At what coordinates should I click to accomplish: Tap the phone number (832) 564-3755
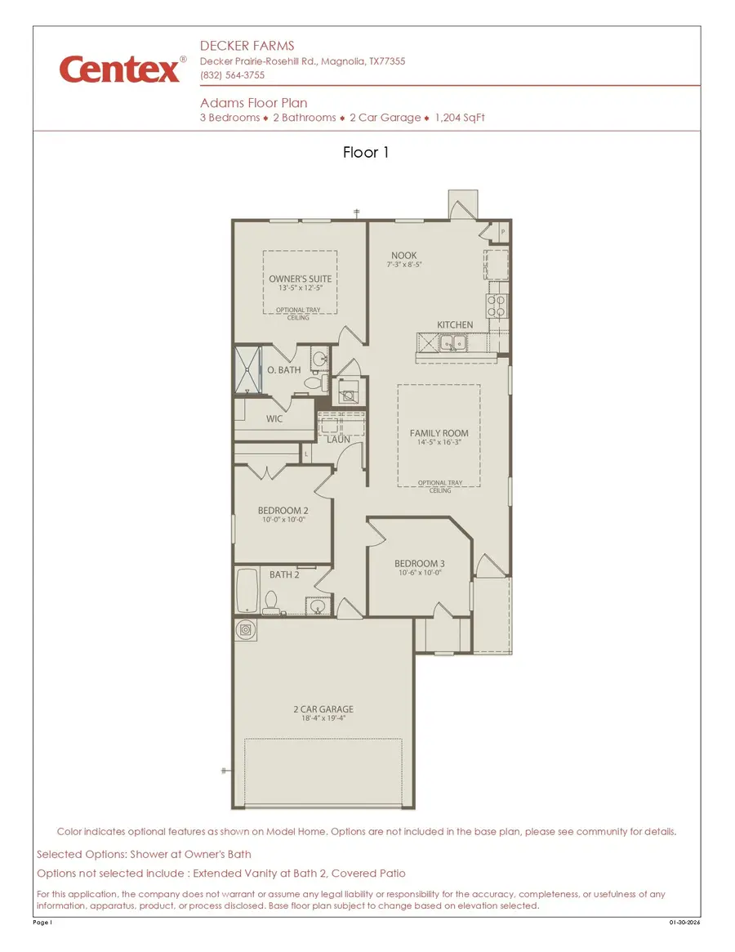click(x=232, y=75)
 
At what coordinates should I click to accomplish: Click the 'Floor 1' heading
click(x=366, y=152)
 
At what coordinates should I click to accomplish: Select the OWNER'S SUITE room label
click(x=301, y=279)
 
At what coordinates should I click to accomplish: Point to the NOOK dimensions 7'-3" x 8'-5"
click(x=403, y=265)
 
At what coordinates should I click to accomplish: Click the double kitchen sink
click(x=454, y=343)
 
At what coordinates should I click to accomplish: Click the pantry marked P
click(x=501, y=233)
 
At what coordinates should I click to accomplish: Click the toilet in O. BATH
click(x=324, y=382)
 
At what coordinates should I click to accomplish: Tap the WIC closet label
click(x=274, y=418)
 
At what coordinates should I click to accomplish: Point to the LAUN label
click(x=338, y=440)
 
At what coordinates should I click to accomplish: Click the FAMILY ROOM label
click(x=439, y=433)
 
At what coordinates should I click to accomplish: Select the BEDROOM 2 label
click(x=283, y=511)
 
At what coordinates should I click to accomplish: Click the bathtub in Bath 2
click(x=247, y=591)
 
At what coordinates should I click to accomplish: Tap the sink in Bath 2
click(x=315, y=606)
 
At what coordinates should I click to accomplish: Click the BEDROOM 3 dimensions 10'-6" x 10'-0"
click(x=420, y=574)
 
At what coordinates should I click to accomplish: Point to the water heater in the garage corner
click(x=246, y=630)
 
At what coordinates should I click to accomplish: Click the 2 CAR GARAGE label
click(x=324, y=709)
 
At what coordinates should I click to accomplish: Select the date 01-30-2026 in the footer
click(x=684, y=923)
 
